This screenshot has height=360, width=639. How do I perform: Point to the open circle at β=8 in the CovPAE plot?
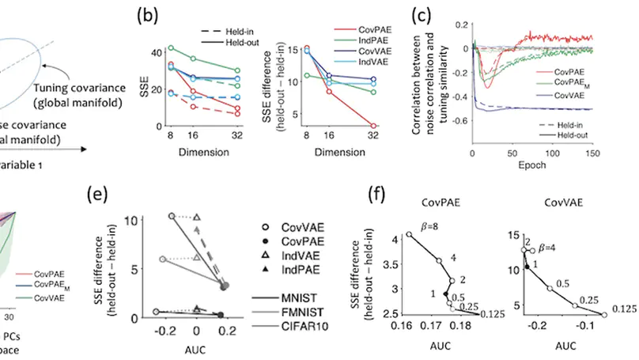(x=409, y=235)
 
